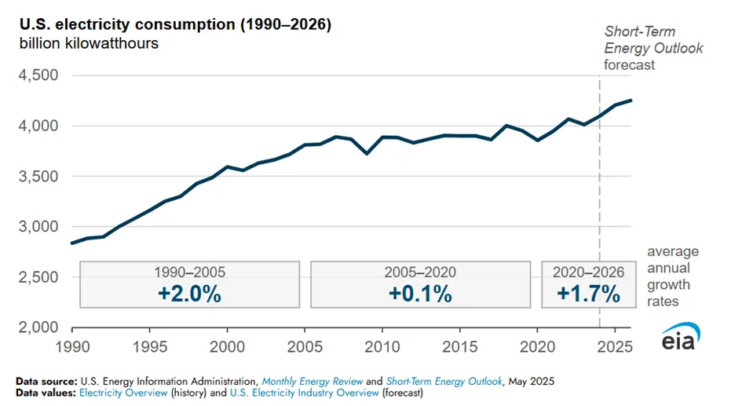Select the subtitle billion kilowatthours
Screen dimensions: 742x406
89,43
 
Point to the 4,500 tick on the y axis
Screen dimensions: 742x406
38,75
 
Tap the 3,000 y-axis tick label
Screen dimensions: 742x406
38,226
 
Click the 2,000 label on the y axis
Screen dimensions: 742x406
38,327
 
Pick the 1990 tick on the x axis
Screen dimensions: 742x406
72,347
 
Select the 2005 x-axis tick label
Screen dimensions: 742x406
305,347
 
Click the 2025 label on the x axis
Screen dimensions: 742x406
615,347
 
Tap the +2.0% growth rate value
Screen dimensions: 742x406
189,294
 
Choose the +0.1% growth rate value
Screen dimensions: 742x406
420,294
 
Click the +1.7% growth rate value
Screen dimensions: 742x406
588,294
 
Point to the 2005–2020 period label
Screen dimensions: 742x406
420,272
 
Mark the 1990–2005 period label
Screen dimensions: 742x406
189,272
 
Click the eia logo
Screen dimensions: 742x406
680,336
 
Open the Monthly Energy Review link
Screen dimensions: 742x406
313,382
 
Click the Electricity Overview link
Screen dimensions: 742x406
123,393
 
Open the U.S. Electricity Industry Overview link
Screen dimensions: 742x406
305,393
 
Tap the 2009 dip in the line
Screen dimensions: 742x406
367,154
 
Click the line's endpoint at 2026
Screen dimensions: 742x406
631,101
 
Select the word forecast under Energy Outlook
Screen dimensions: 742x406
629,65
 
